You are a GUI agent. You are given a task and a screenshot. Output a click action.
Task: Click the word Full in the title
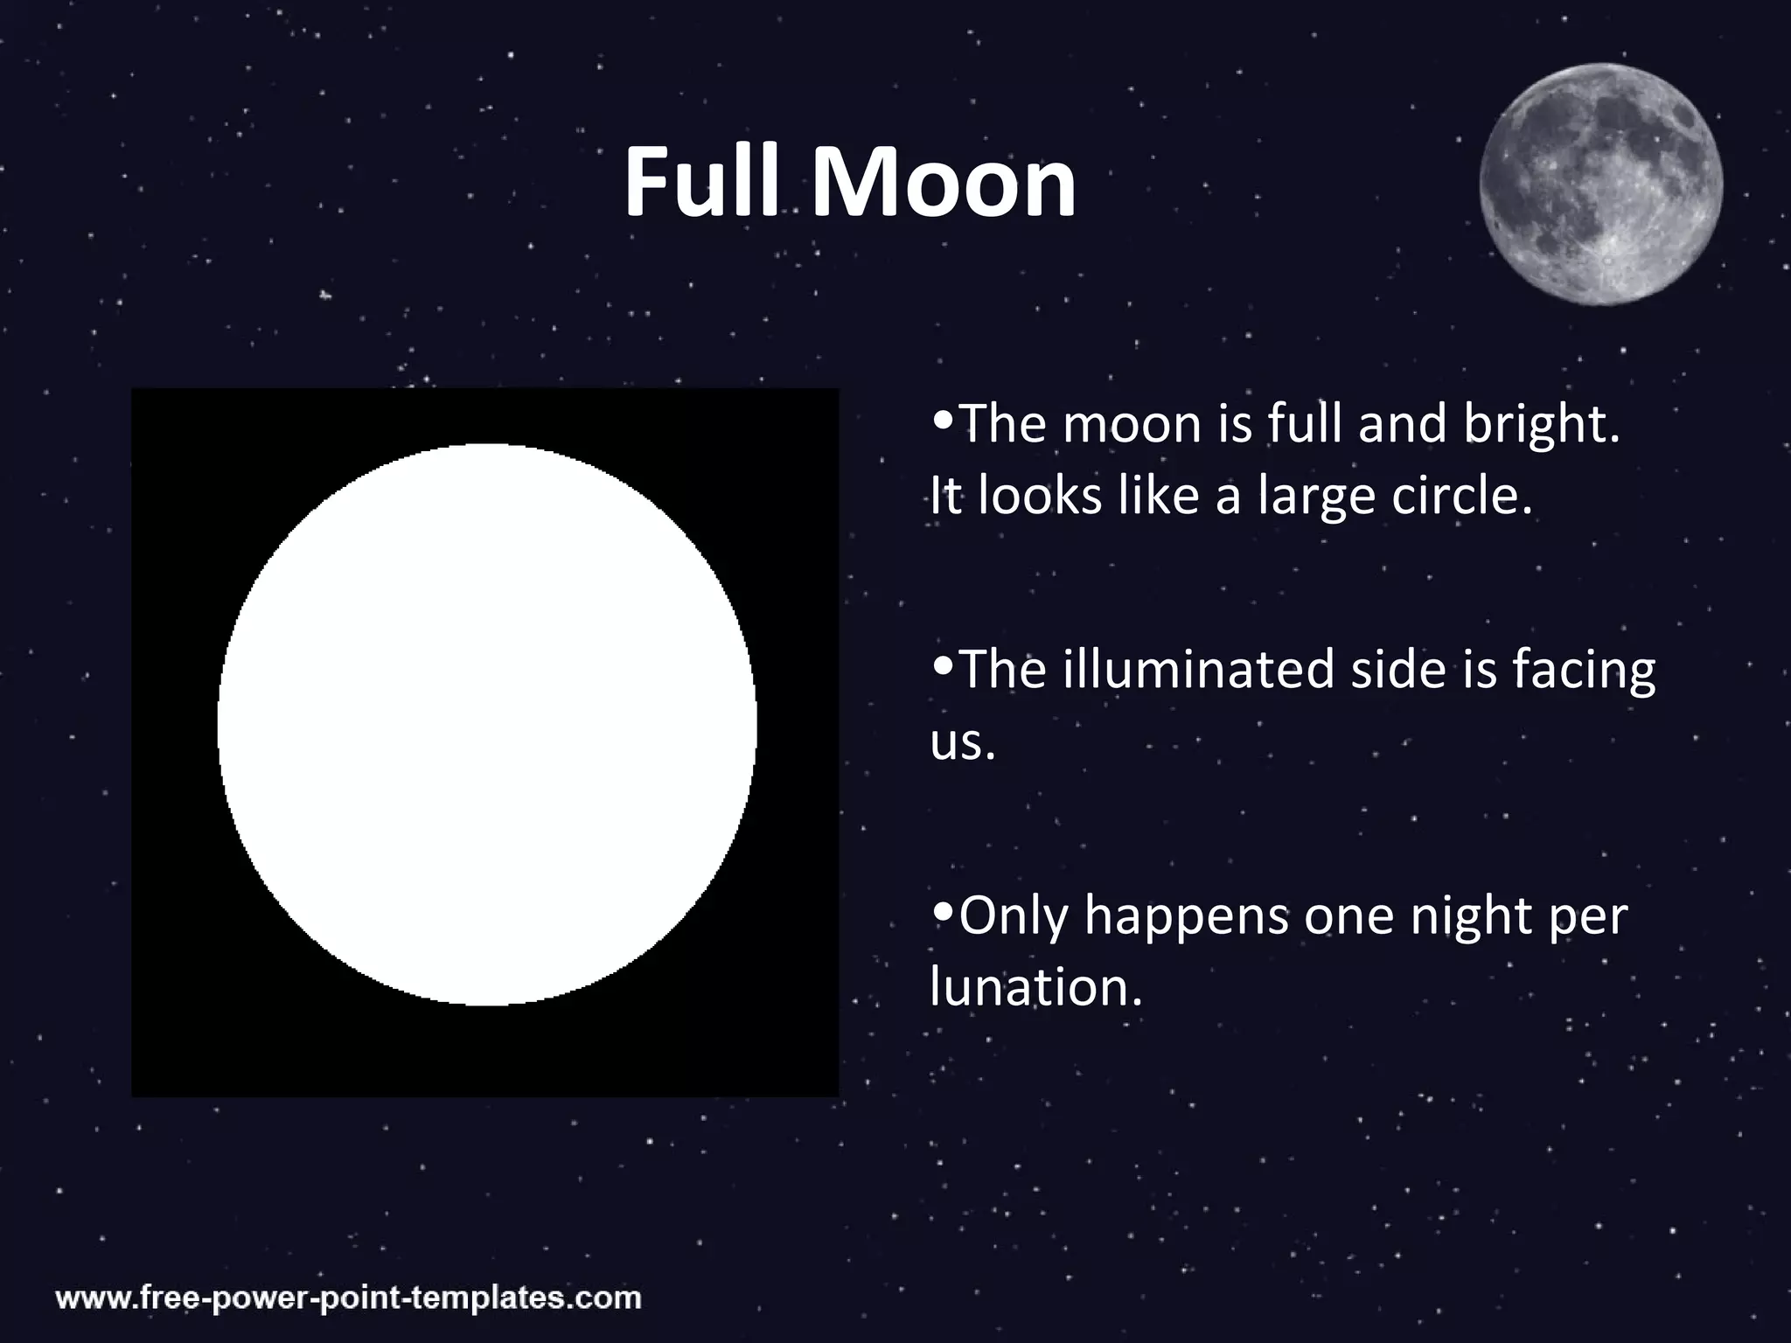pos(700,184)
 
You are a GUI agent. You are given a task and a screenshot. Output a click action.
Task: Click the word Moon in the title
pos(944,184)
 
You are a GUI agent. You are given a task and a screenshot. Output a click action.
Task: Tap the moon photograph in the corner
pos(1600,184)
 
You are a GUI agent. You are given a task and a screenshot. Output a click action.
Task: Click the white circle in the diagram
pos(486,725)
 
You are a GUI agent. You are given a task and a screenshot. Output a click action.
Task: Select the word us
pos(962,744)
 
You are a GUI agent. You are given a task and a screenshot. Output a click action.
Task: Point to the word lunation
pos(1035,988)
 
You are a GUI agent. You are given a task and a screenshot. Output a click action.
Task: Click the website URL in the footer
pos(349,1297)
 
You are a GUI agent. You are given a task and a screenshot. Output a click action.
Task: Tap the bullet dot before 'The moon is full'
pos(943,419)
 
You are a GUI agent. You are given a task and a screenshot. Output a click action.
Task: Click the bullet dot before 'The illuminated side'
pos(943,665)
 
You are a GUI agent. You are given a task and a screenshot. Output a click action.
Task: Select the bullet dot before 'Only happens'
pos(943,911)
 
